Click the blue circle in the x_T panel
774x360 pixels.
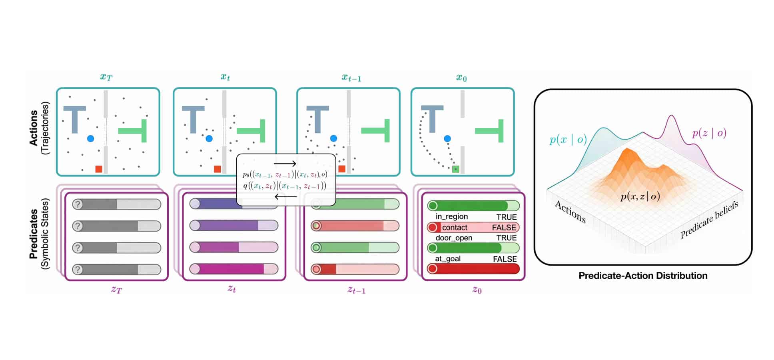[x=90, y=138]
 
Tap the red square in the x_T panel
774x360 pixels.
[x=99, y=169]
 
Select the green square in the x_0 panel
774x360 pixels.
[x=455, y=169]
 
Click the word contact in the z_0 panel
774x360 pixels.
[x=455, y=228]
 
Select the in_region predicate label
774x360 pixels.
[x=452, y=216]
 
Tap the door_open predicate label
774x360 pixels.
[x=454, y=238]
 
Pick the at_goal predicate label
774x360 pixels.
[x=448, y=259]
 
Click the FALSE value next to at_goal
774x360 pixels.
[x=505, y=259]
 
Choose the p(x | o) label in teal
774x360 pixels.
[x=568, y=139]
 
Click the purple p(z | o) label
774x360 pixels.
[x=709, y=133]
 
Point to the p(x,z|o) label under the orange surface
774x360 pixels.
[x=640, y=196]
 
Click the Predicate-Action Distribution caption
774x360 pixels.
[x=643, y=276]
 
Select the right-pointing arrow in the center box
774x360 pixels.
[x=285, y=164]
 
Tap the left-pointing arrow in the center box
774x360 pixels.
[x=286, y=197]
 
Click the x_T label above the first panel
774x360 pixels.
[x=106, y=77]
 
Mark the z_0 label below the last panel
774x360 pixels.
[x=477, y=290]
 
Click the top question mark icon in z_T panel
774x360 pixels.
[x=78, y=204]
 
